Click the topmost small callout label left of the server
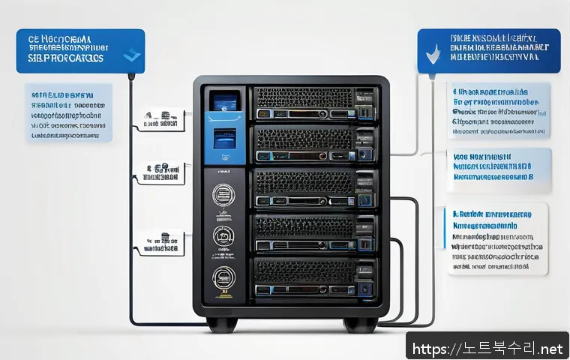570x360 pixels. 162,120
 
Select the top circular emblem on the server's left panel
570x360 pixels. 222,193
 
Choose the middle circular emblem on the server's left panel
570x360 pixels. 222,235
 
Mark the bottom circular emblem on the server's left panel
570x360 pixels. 222,277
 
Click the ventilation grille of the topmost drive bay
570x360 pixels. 304,97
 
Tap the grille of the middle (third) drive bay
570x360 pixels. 304,182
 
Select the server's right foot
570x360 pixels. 360,324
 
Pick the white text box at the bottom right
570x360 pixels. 498,238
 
